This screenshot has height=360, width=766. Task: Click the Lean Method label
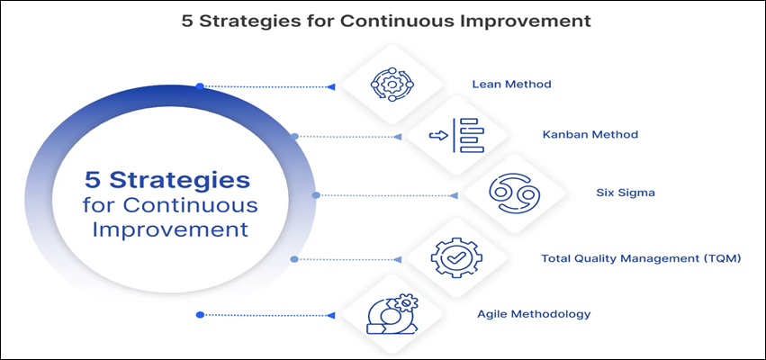pos(511,84)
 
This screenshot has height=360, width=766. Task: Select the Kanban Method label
pos(590,134)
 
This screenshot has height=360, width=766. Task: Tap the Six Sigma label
pos(626,193)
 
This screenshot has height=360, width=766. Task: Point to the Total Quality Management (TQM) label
pos(641,258)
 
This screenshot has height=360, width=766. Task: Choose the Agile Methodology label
pos(534,313)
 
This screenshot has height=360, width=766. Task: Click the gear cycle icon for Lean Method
pos(392,85)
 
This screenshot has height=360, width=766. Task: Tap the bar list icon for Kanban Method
pos(456,135)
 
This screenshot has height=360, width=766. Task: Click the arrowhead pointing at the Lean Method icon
pos(331,87)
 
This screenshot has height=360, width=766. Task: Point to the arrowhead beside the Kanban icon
pos(398,137)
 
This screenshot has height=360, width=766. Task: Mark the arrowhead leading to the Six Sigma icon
pos(454,195)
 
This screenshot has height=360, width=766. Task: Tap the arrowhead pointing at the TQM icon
pos(398,259)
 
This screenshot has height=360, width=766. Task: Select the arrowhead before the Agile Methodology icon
pos(331,315)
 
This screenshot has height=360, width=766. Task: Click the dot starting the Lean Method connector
pos(199,86)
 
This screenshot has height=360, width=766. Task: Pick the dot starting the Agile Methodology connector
pos(199,315)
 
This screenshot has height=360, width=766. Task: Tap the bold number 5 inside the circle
pos(91,180)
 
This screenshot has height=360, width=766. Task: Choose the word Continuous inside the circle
pos(191,204)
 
